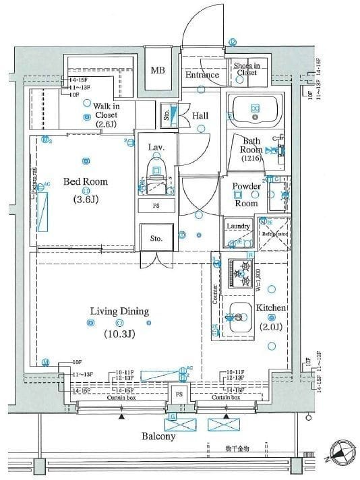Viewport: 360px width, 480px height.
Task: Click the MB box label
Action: click(157, 70)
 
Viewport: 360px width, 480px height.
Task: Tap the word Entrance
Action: click(202, 75)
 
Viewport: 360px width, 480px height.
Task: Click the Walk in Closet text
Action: click(107, 115)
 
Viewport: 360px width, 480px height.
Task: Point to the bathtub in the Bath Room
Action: click(256, 110)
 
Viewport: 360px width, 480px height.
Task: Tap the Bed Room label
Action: click(86, 181)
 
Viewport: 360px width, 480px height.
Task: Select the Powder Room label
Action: click(246, 194)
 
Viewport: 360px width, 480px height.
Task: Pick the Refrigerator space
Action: click(274, 234)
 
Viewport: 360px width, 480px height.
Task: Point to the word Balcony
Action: click(158, 436)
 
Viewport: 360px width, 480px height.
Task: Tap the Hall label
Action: click(200, 116)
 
